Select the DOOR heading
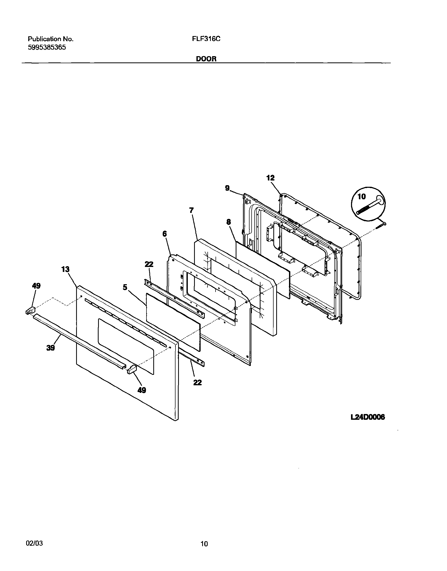click(206, 59)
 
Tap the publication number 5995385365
click(47, 47)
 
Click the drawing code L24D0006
click(368, 417)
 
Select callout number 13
click(65, 269)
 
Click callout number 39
click(50, 348)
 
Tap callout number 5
click(125, 287)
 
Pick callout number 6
click(165, 234)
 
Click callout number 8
click(229, 222)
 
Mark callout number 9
click(227, 188)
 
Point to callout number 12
click(270, 178)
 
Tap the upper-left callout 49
click(36, 286)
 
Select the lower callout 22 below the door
click(197, 382)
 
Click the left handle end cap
click(30, 311)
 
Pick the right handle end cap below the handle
click(132, 370)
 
